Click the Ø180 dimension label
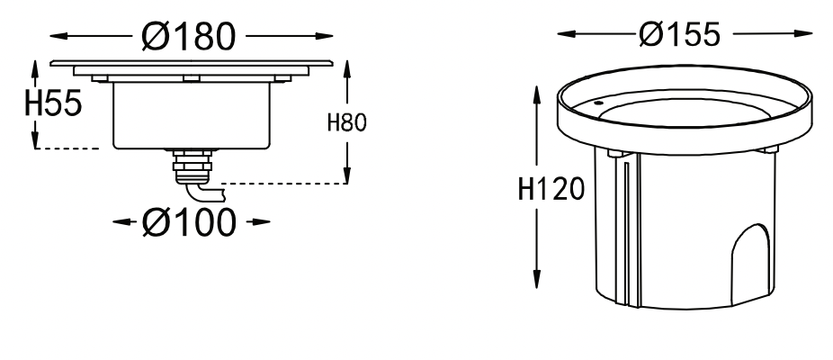pyautogui.click(x=189, y=37)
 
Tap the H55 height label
pyautogui.click(x=53, y=103)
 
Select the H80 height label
pyautogui.click(x=347, y=122)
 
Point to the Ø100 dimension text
pyautogui.click(x=189, y=221)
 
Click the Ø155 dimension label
pyautogui.click(x=679, y=34)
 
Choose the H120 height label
pyautogui.click(x=551, y=189)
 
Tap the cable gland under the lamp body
pyautogui.click(x=192, y=166)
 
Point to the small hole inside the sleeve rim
pyautogui.click(x=597, y=103)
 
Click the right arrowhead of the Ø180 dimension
pyautogui.click(x=324, y=36)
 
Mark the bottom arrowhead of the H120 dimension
pyautogui.click(x=536, y=279)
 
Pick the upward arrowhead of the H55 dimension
pyautogui.click(x=36, y=69)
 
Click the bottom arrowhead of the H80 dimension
pyautogui.click(x=347, y=175)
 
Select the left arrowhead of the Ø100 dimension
pyautogui.click(x=122, y=221)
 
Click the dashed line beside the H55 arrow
pyautogui.click(x=67, y=148)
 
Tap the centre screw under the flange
pyautogui.click(x=192, y=78)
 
